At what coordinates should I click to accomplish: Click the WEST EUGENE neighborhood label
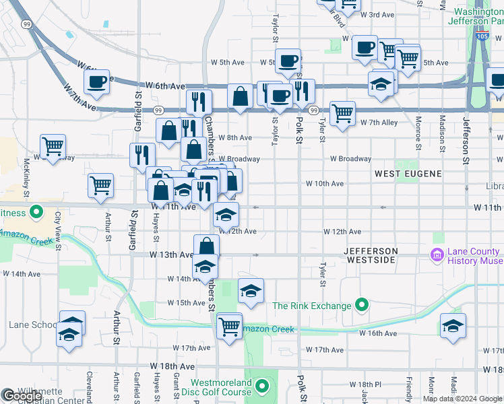point(408,174)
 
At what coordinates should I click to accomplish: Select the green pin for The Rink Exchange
point(361,306)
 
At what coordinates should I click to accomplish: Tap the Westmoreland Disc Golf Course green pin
point(262,386)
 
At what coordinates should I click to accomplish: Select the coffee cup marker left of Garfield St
point(97,82)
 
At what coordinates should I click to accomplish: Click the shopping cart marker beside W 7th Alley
point(342,112)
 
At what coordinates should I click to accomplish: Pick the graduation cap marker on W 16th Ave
point(453,325)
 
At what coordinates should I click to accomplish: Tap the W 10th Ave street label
point(325,183)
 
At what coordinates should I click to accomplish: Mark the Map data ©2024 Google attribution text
point(462,399)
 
